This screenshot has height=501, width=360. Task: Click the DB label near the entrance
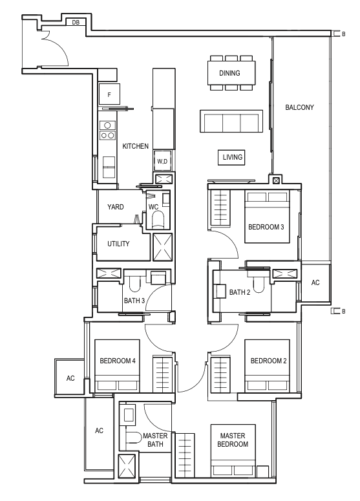pyautogui.click(x=76, y=23)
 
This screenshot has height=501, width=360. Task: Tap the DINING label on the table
pyautogui.click(x=229, y=73)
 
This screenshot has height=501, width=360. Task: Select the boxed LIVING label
pyautogui.click(x=232, y=157)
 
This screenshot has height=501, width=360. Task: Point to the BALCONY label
pyautogui.click(x=299, y=107)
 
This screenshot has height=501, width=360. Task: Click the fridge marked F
pyautogui.click(x=109, y=94)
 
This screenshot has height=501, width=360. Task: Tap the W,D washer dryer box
pyautogui.click(x=162, y=162)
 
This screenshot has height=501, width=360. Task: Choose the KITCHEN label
pyautogui.click(x=136, y=146)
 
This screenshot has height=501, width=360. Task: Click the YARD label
pyautogui.click(x=115, y=207)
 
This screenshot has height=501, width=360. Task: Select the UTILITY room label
pyautogui.click(x=118, y=244)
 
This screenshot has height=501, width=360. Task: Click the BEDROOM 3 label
pyautogui.click(x=266, y=227)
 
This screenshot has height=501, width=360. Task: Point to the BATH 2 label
pyautogui.click(x=240, y=292)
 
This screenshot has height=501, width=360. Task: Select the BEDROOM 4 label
pyautogui.click(x=118, y=361)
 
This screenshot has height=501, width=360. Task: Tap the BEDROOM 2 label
pyautogui.click(x=268, y=361)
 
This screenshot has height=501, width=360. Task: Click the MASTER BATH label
pyautogui.click(x=155, y=440)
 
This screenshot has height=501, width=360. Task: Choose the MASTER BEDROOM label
pyautogui.click(x=233, y=440)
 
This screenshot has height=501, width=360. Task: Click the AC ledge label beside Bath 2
pyautogui.click(x=315, y=282)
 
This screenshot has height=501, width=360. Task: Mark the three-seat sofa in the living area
pyautogui.click(x=231, y=121)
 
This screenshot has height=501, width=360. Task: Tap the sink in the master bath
pyautogui.click(x=129, y=415)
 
